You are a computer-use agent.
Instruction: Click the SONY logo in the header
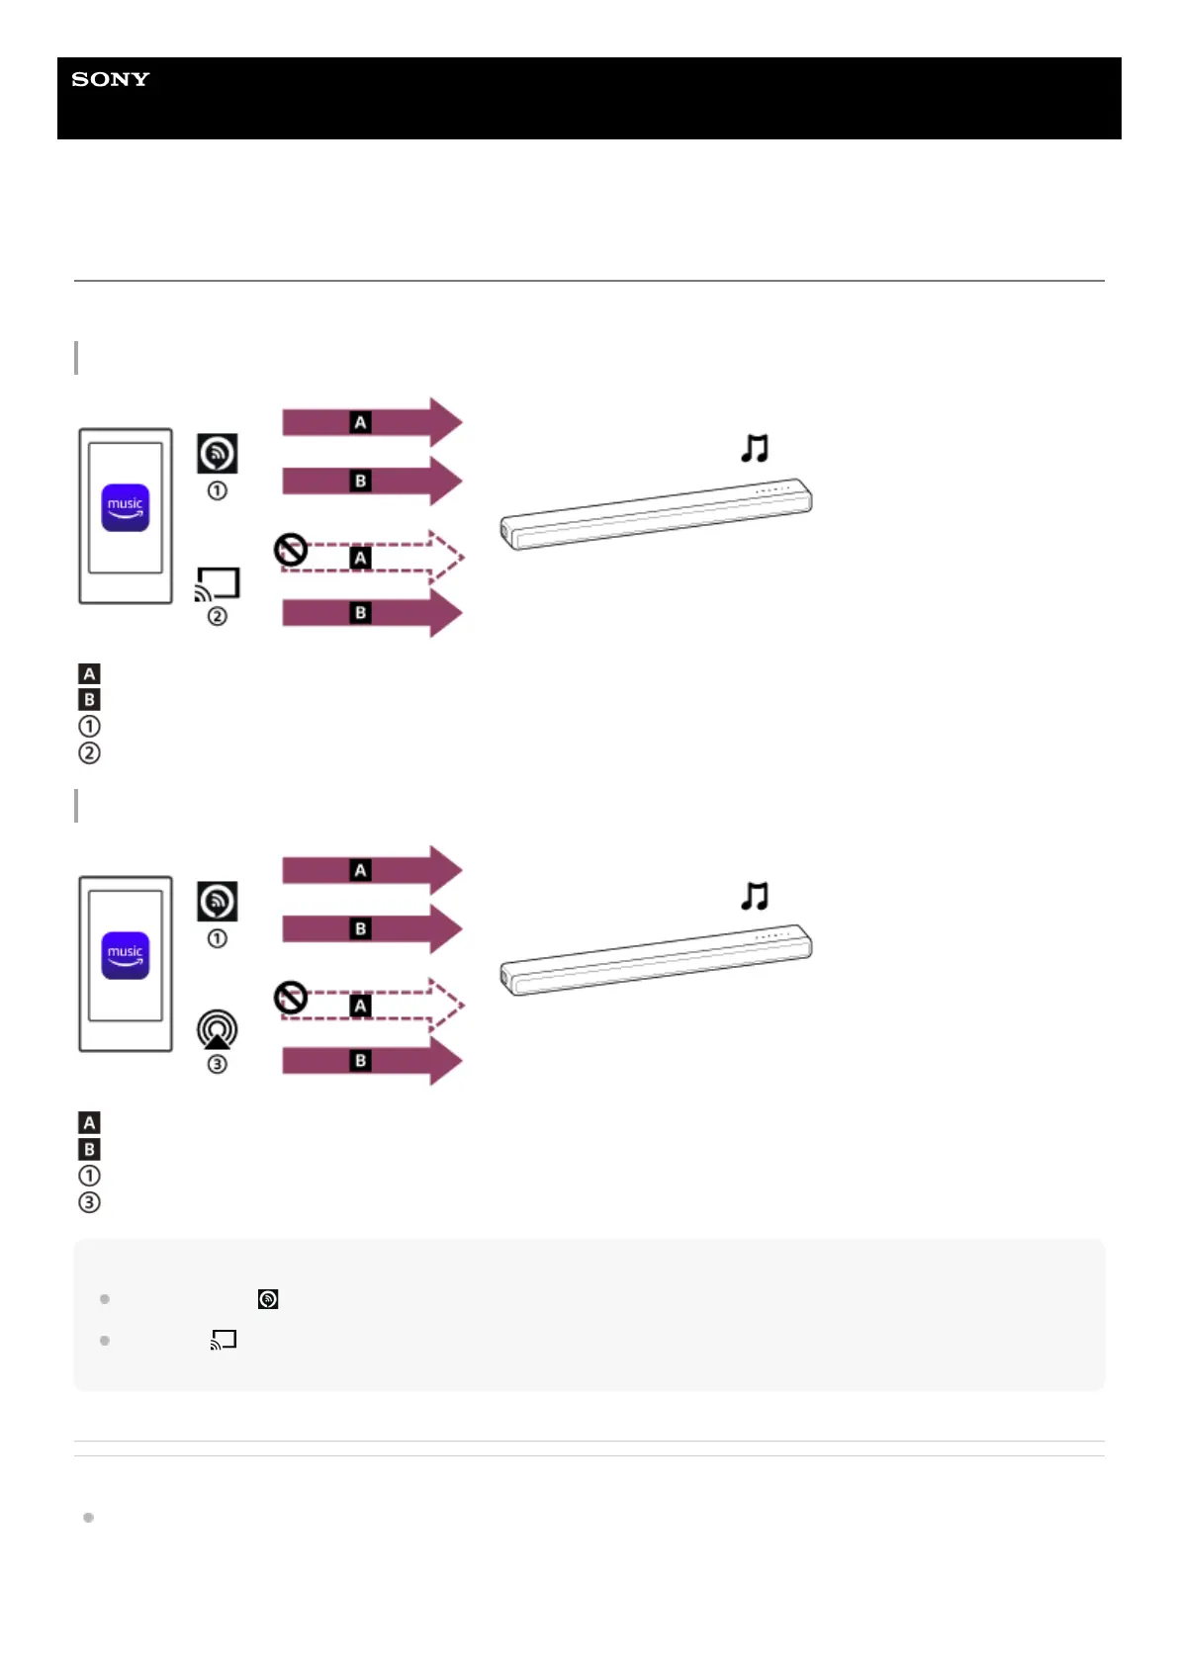(110, 79)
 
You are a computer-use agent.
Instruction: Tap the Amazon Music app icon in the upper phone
(126, 507)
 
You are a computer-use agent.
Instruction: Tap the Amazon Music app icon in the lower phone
(126, 955)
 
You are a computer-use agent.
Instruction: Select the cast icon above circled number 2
(218, 583)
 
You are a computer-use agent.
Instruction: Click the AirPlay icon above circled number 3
(218, 1029)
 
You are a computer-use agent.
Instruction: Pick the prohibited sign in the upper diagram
(291, 549)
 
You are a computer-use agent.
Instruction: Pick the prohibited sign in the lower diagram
(291, 997)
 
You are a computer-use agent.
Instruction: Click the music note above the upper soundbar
(755, 449)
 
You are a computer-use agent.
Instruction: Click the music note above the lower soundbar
(755, 897)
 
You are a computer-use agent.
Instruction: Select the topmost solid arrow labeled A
(371, 422)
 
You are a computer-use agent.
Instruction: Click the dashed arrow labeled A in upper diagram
(371, 558)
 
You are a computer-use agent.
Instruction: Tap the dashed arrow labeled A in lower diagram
(371, 1006)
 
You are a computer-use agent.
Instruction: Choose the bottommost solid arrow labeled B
(371, 1061)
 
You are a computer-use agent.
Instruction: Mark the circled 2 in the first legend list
(89, 752)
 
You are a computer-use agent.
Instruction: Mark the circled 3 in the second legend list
(89, 1202)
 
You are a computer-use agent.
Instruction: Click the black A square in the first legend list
(89, 674)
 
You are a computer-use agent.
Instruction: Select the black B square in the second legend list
(89, 1149)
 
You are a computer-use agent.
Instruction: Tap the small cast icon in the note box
(224, 1340)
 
